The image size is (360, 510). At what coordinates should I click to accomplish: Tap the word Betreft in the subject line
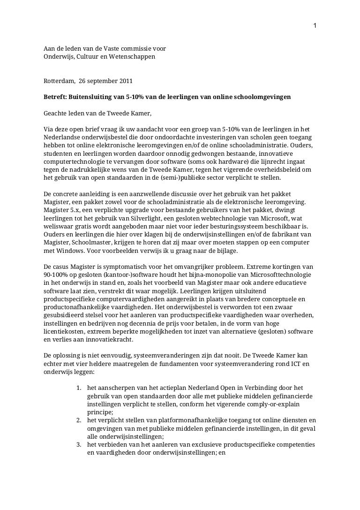tap(55, 97)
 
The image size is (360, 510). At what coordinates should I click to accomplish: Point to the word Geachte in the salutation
tap(56, 113)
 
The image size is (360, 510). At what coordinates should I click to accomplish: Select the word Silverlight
tap(144, 217)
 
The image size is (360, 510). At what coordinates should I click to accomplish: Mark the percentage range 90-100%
tap(58, 273)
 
